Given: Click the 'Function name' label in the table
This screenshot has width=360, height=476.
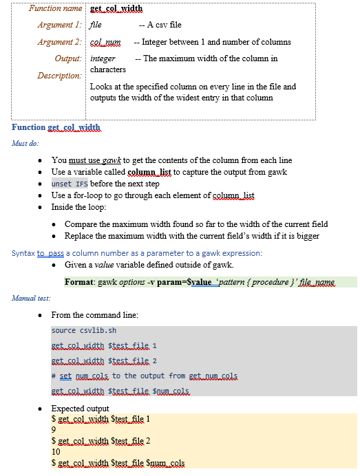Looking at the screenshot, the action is (x=56, y=8).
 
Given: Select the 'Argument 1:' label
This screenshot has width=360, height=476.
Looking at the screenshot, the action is (x=60, y=25).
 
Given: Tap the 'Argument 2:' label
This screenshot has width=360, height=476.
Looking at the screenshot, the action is (x=60, y=42).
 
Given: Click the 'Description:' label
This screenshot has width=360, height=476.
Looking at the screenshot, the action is (x=59, y=75).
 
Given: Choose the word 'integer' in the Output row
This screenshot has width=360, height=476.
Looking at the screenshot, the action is (x=103, y=58).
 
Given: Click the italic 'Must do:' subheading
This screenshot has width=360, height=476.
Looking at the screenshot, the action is (x=25, y=143).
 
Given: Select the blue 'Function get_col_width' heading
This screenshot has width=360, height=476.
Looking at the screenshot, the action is (x=56, y=128).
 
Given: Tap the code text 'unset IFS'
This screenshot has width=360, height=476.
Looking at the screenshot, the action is (x=70, y=184).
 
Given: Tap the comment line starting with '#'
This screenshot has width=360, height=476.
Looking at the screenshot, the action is (x=145, y=376).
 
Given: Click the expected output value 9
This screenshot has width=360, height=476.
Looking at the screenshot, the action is (x=54, y=430).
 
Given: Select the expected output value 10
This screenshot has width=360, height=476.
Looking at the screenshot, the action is (x=56, y=451).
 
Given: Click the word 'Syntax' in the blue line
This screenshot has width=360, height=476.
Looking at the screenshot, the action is (x=23, y=253).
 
